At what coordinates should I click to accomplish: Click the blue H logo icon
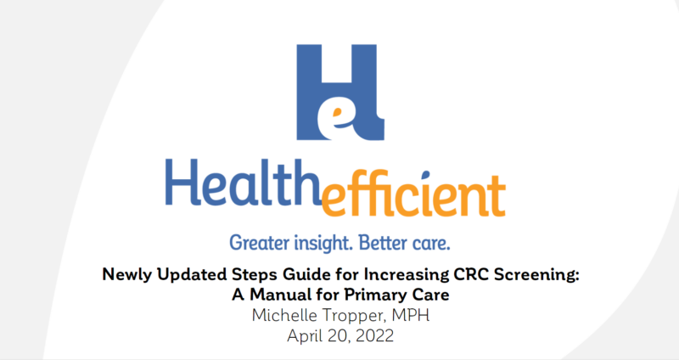(x=340, y=93)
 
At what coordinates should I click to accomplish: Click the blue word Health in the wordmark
(x=242, y=183)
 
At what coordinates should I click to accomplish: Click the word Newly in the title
(x=126, y=274)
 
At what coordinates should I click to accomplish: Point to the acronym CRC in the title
(x=470, y=274)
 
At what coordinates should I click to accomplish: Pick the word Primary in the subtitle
(x=375, y=295)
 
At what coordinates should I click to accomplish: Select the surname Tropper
(x=354, y=316)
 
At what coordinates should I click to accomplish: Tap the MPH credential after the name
(x=411, y=315)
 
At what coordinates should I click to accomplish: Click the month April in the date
(x=304, y=336)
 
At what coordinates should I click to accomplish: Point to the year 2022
(x=375, y=335)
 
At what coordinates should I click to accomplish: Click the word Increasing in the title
(x=407, y=275)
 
